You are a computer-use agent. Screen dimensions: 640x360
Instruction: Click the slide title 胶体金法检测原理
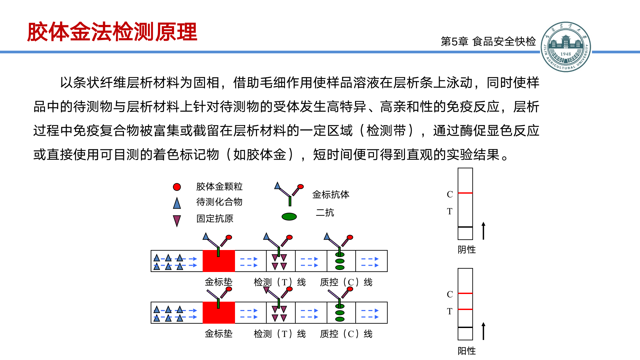pyautogui.click(x=112, y=32)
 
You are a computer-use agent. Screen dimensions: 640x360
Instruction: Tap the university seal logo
pyautogui.click(x=565, y=47)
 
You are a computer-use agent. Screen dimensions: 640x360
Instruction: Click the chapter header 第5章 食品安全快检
pyautogui.click(x=488, y=41)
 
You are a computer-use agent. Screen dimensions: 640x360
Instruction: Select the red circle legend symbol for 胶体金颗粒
pyautogui.click(x=177, y=187)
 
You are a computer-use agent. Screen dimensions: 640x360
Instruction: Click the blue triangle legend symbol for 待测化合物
pyautogui.click(x=177, y=203)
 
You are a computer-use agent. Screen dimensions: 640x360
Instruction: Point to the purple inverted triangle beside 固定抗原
pyautogui.click(x=177, y=220)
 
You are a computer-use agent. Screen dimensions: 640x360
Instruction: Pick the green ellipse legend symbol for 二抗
pyautogui.click(x=289, y=217)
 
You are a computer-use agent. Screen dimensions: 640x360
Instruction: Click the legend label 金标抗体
pyautogui.click(x=331, y=195)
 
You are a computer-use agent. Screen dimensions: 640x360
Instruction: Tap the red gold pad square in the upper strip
pyautogui.click(x=219, y=261)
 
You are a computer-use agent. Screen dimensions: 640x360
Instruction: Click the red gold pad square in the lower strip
pyautogui.click(x=219, y=313)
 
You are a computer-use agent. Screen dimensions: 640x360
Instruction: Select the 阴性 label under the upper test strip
pyautogui.click(x=467, y=250)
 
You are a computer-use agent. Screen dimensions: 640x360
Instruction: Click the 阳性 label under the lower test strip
pyautogui.click(x=467, y=351)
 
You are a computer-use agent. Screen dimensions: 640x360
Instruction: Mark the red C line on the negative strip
pyautogui.click(x=465, y=193)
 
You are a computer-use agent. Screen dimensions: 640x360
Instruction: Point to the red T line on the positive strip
pyautogui.click(x=465, y=309)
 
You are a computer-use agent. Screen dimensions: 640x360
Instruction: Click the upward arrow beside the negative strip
pyautogui.click(x=484, y=231)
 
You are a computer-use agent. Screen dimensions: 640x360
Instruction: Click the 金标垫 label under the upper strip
pyautogui.click(x=219, y=282)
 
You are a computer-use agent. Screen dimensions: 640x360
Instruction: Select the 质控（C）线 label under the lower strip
pyautogui.click(x=346, y=334)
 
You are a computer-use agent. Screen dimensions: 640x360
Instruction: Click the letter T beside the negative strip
pyautogui.click(x=450, y=211)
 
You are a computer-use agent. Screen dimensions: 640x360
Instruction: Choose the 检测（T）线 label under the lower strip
pyautogui.click(x=280, y=334)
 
